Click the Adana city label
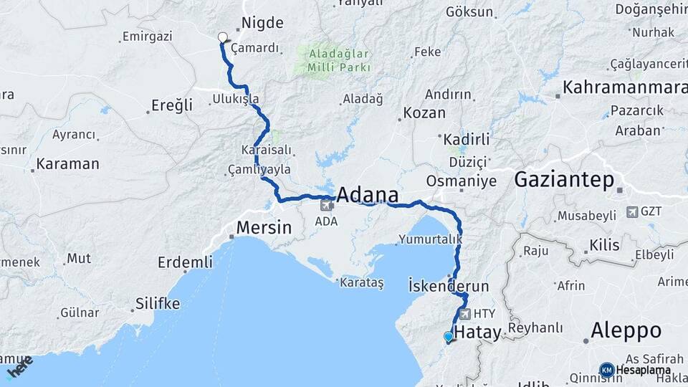[367, 195]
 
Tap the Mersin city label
[264, 229]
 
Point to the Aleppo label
[626, 330]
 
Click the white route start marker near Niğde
[222, 38]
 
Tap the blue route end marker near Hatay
[449, 336]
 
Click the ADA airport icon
[327, 206]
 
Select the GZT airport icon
[632, 211]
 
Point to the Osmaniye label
[461, 181]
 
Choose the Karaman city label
[67, 163]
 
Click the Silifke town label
[158, 304]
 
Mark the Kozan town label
[424, 113]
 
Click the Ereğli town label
[172, 105]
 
